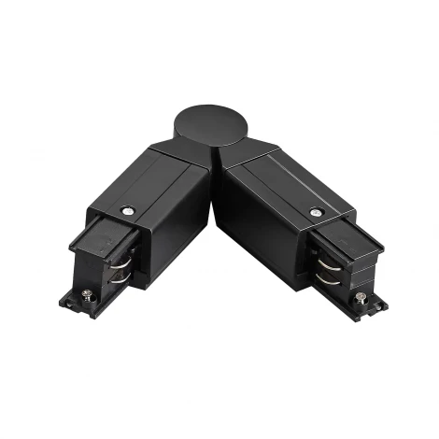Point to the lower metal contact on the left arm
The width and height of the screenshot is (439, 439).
tap(119, 276)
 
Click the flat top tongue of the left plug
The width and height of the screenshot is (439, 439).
tap(97, 228)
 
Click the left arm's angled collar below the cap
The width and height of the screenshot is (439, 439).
tap(177, 154)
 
